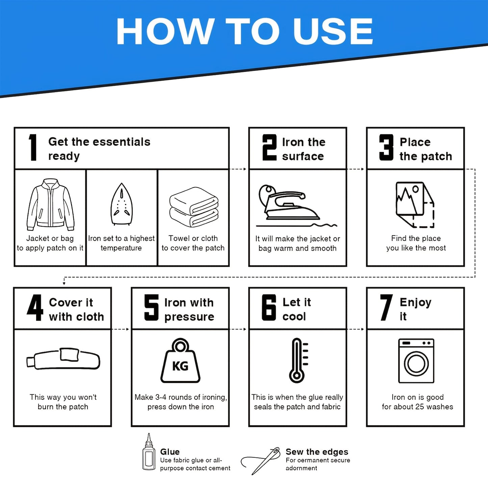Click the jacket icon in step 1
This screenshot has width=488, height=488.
[50, 204]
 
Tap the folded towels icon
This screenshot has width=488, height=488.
[194, 207]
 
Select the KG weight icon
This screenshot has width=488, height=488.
[180, 361]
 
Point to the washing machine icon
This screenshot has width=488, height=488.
[416, 361]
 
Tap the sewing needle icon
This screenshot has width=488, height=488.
[261, 461]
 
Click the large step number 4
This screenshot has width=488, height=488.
[35, 307]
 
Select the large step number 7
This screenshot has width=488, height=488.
[386, 307]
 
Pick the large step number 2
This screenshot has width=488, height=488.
[269, 147]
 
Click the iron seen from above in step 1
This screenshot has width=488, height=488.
[122, 204]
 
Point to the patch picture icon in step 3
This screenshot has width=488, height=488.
[415, 205]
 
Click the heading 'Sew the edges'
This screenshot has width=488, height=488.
[317, 452]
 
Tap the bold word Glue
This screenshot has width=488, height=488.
[170, 452]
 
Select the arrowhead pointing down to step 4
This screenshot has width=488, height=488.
[64, 283]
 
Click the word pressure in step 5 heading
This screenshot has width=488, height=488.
[189, 317]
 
